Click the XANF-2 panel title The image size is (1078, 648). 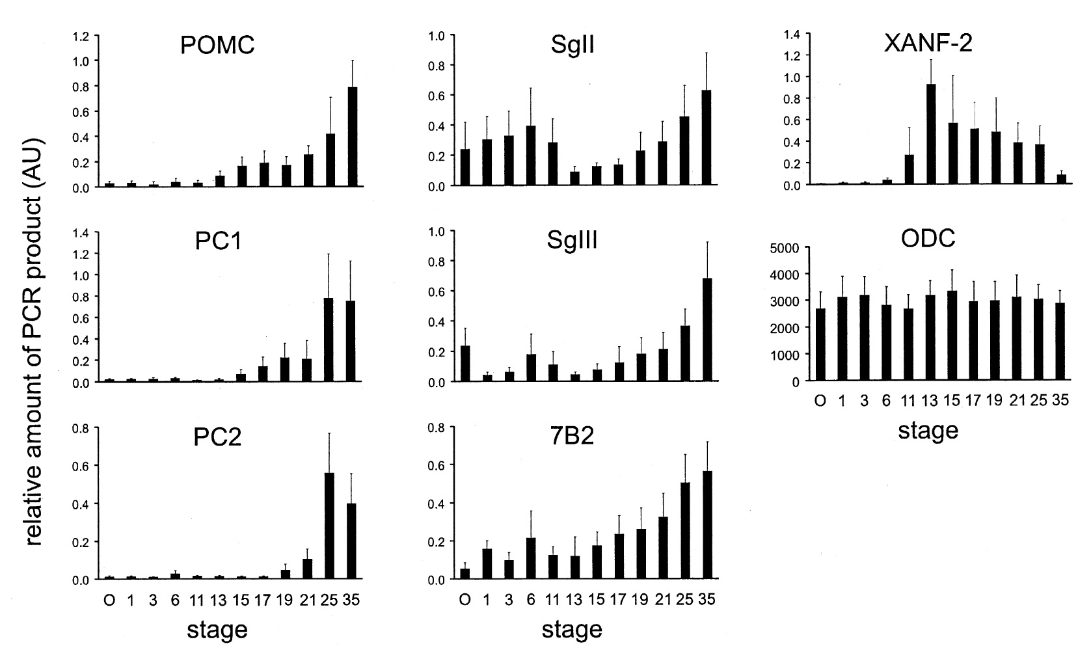(x=928, y=43)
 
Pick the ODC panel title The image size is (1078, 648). (x=928, y=238)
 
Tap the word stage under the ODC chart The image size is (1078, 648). (x=928, y=431)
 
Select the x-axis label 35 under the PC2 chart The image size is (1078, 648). (x=352, y=600)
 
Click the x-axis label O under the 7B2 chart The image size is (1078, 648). (x=465, y=600)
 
